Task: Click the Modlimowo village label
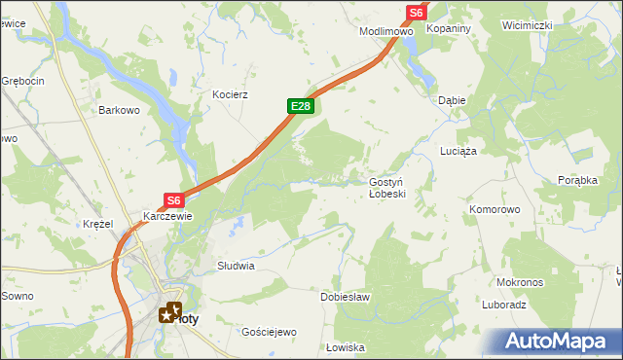coord(386,31)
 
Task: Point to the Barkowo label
coord(120,111)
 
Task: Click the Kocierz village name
coord(232,94)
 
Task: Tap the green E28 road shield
coord(300,106)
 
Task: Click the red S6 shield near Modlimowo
coord(416,12)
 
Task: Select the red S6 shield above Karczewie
coord(173,199)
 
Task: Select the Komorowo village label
coord(495,209)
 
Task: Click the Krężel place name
coord(98,224)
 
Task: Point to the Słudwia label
coord(236,265)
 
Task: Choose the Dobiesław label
coord(346,297)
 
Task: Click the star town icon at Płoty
coord(171,312)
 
